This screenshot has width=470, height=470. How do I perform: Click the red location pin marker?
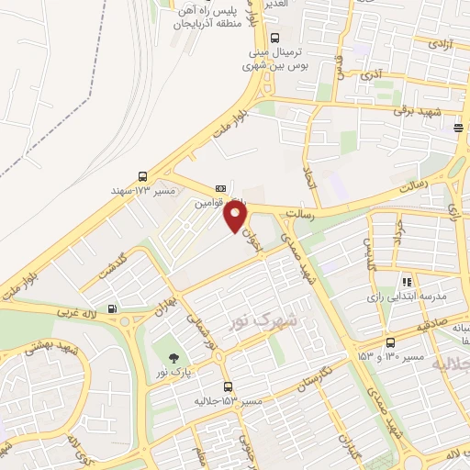point(236,217)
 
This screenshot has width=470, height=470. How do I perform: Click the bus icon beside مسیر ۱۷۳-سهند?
point(141,175)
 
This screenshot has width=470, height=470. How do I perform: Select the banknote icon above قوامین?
point(219,188)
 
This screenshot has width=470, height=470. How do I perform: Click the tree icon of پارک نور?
point(172,356)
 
